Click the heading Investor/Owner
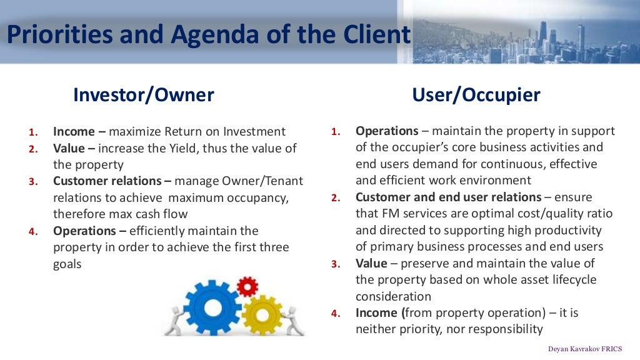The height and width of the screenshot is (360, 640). [143, 94]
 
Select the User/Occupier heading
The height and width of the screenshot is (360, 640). [476, 94]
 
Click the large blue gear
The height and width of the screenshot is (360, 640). [212, 306]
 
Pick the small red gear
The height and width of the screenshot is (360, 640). [247, 287]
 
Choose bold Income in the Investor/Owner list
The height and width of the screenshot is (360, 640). [74, 132]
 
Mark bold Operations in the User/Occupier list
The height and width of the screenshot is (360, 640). [387, 131]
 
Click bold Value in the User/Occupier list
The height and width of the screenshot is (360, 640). [371, 263]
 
